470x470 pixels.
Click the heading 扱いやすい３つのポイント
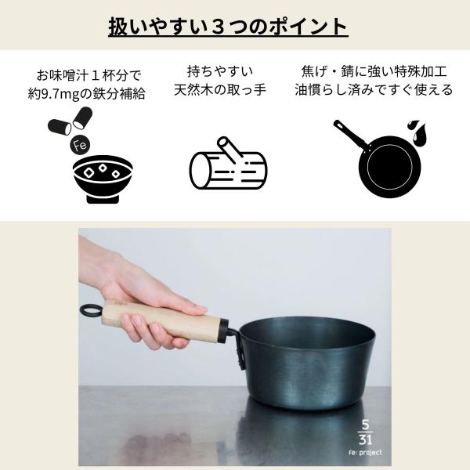click(x=228, y=27)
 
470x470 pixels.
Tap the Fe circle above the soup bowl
click(x=80, y=145)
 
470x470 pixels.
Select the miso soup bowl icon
click(x=103, y=179)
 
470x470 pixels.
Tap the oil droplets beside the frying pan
click(x=418, y=131)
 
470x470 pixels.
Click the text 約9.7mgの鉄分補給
click(x=86, y=94)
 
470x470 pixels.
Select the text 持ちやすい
click(x=220, y=71)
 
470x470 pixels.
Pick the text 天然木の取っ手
click(x=220, y=90)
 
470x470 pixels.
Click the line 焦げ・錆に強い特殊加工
click(x=374, y=71)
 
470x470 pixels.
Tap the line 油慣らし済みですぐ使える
click(x=374, y=90)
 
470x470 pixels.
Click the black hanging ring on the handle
click(x=91, y=310)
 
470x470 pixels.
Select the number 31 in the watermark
click(x=365, y=439)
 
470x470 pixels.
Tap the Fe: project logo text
click(x=365, y=452)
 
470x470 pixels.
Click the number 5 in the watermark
click(x=365, y=425)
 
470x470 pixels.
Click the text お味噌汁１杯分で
click(x=89, y=75)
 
